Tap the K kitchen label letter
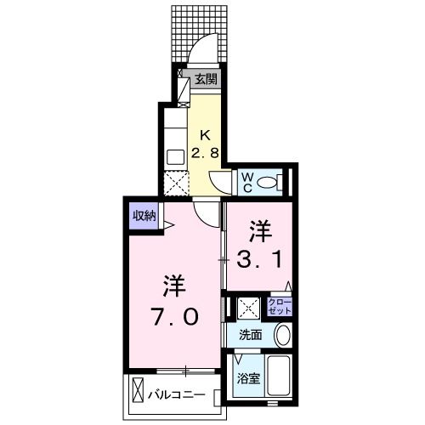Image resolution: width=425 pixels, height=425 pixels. [205, 134]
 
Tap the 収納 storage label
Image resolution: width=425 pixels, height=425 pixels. [143, 215]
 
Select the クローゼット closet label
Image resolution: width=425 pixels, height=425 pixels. [279, 307]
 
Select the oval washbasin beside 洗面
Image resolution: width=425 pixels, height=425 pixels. [283, 335]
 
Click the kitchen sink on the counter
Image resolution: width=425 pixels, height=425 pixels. [175, 157]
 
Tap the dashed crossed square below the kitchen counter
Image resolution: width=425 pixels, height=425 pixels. [175, 184]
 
